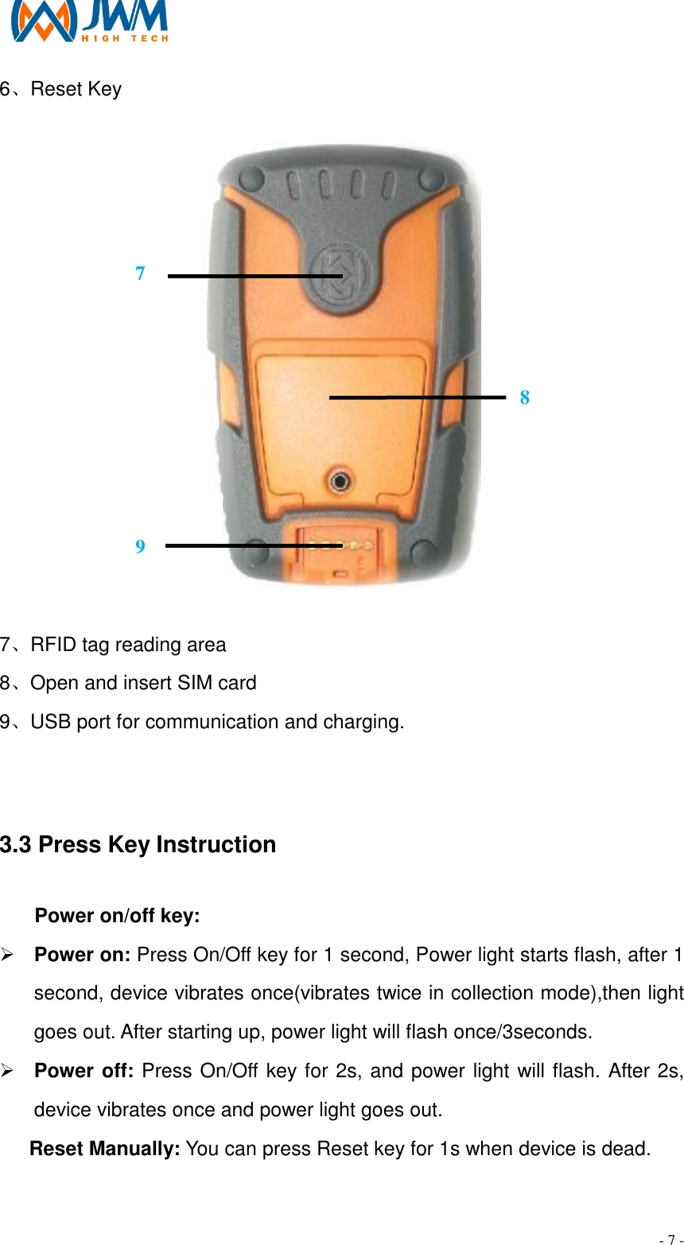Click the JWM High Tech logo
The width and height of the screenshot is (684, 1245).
89,21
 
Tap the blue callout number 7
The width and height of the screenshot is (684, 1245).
140,273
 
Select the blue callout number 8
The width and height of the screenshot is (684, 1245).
525,398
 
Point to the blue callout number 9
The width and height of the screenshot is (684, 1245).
140,547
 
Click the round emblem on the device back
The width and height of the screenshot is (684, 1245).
337,275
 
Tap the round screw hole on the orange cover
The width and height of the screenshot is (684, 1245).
340,479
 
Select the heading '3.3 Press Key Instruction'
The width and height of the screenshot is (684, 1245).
138,844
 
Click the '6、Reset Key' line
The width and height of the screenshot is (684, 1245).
61,89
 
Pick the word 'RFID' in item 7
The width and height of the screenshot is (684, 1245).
54,645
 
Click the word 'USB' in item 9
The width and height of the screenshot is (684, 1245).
49,722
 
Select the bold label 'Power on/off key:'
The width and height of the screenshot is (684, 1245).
118,916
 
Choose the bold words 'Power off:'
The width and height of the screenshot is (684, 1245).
84,1071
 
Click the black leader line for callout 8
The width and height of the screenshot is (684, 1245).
418,396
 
